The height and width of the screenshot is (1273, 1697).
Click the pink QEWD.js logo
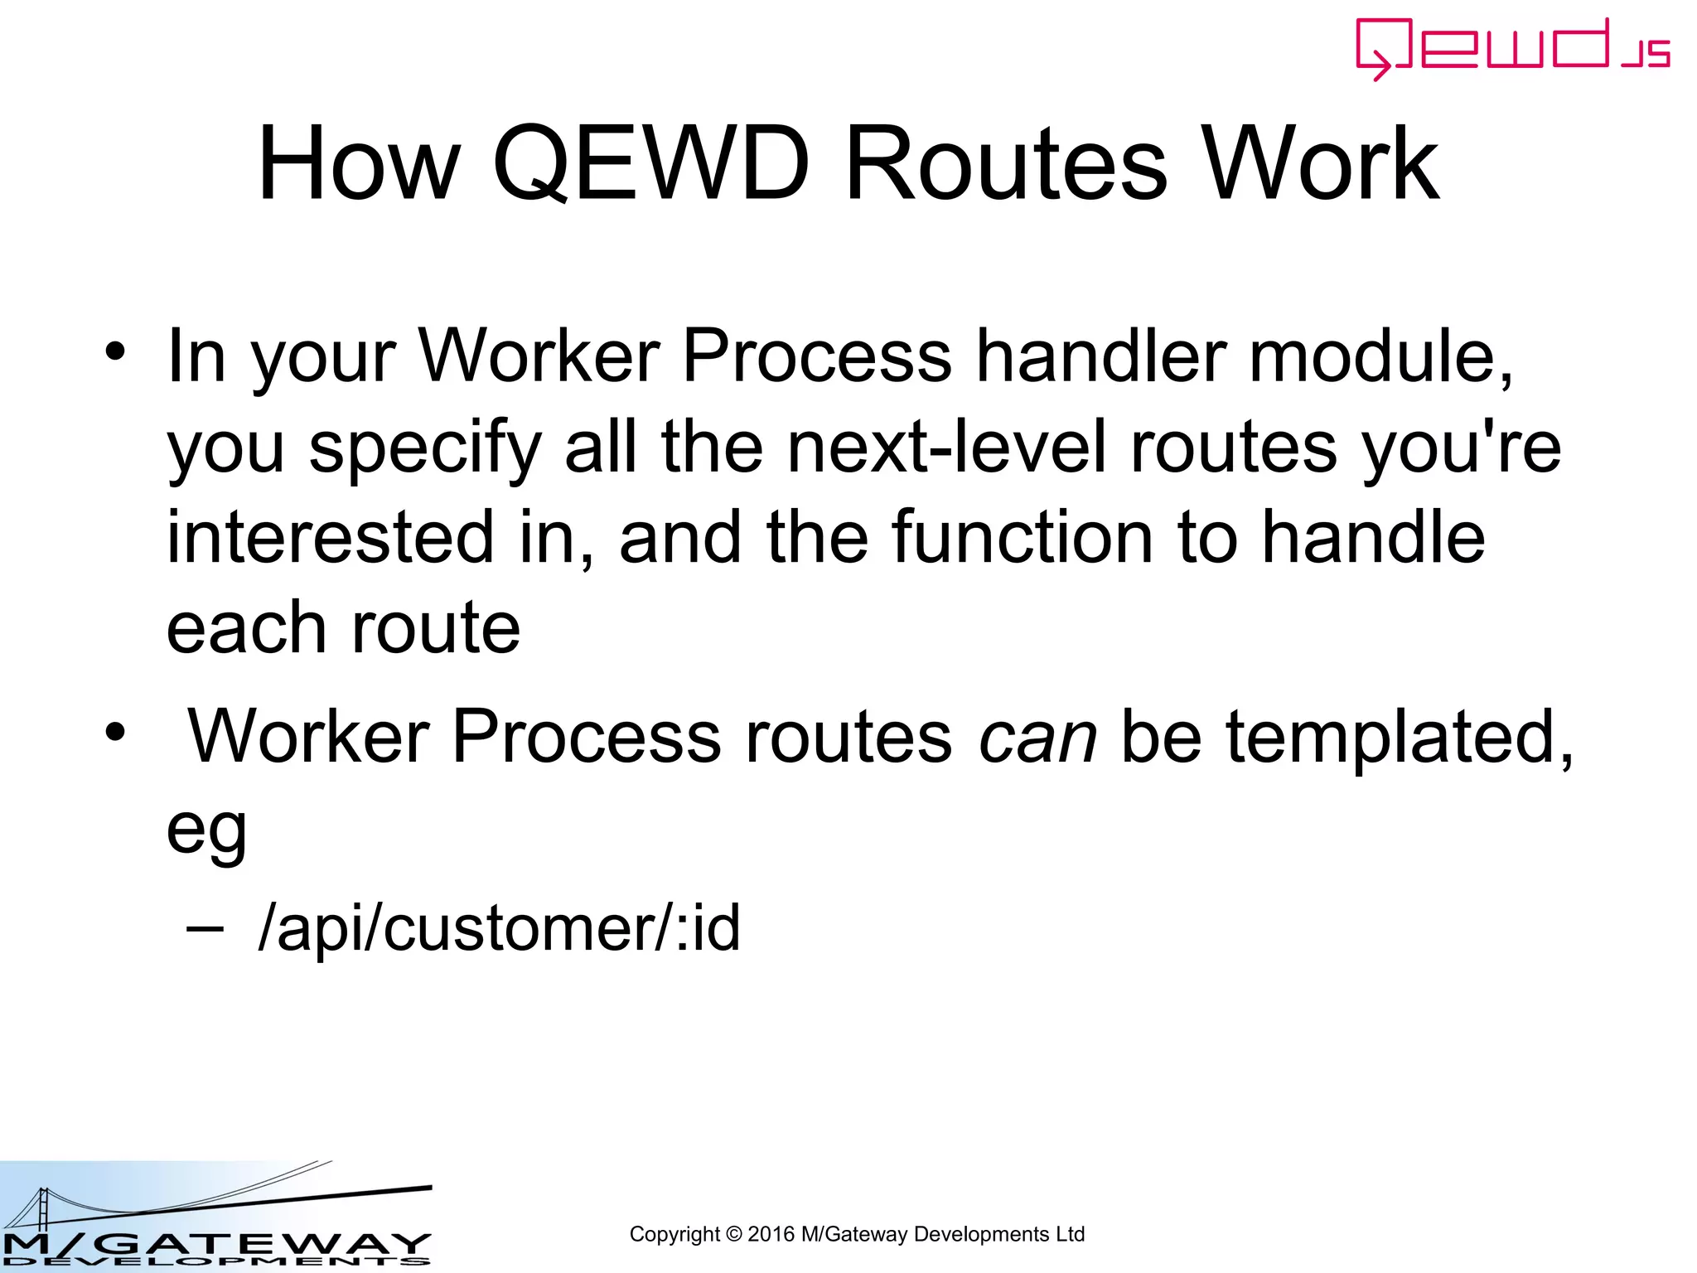(1512, 48)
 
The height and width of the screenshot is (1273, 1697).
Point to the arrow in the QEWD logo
(1379, 66)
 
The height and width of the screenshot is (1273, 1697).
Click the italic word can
(1037, 737)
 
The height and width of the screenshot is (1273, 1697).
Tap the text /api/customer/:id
(499, 928)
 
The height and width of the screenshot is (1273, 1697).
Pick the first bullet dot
(115, 353)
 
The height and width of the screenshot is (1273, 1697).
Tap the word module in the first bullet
(1380, 356)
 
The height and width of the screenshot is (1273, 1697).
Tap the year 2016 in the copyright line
(771, 1235)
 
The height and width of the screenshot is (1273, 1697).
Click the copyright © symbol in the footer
(733, 1235)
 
